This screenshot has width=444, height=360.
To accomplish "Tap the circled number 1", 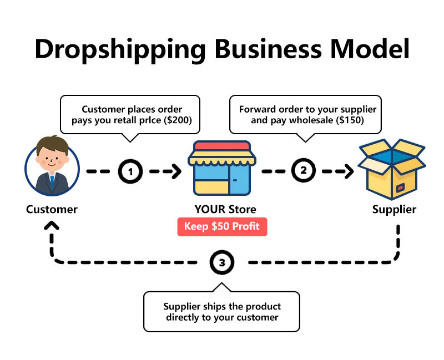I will [130, 171].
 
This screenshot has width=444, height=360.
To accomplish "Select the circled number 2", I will [303, 171].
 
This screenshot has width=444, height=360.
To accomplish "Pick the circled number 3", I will [222, 262].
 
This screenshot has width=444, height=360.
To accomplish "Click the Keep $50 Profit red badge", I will [222, 227].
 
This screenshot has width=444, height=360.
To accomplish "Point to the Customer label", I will [52, 210].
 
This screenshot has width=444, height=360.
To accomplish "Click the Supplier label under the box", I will [393, 210].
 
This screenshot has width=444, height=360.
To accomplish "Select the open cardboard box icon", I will [392, 170].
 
